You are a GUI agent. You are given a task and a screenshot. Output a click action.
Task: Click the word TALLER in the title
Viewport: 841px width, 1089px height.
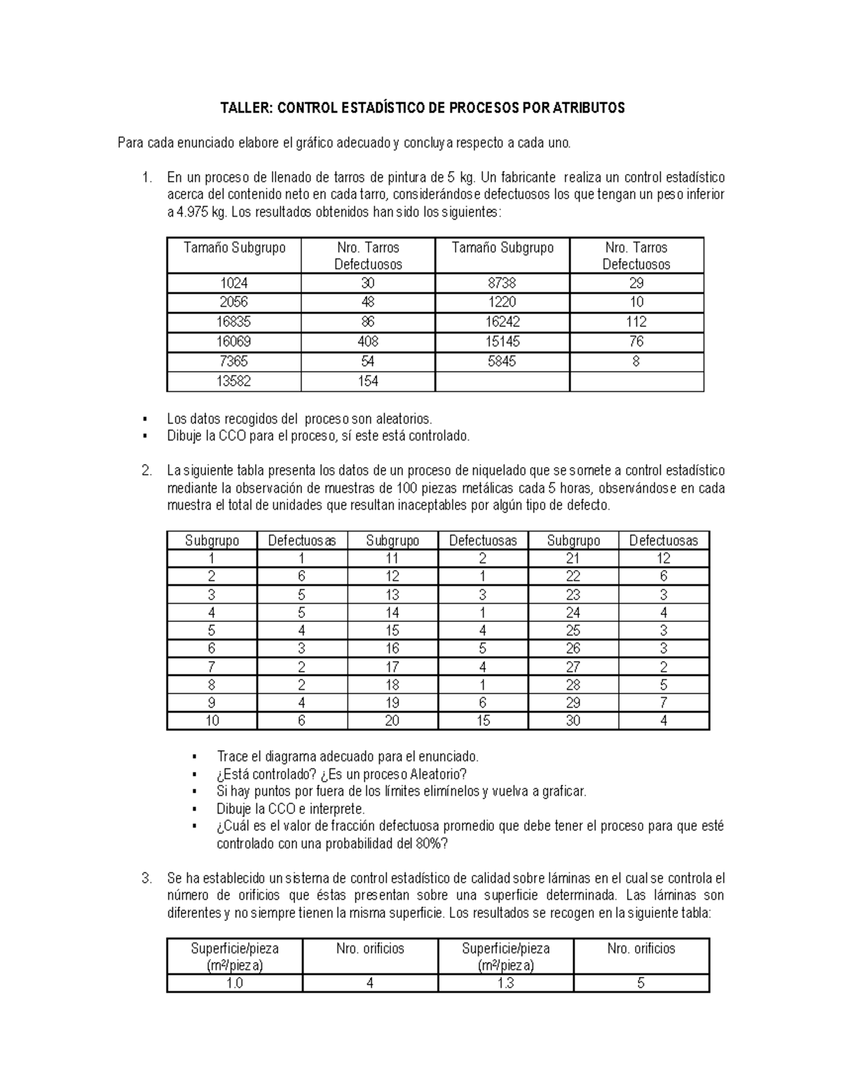pyautogui.click(x=247, y=108)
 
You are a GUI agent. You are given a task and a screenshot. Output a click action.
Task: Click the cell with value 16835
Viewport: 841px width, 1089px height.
pyautogui.click(x=234, y=323)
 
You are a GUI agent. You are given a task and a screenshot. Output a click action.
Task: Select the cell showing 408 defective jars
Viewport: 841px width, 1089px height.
pyautogui.click(x=368, y=342)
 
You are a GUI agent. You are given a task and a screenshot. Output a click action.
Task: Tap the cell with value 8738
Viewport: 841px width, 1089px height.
pyautogui.click(x=502, y=283)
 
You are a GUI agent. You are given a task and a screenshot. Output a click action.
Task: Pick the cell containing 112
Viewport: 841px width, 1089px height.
pyautogui.click(x=636, y=323)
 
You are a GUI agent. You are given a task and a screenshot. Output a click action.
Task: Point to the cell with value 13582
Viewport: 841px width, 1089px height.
pyautogui.click(x=234, y=381)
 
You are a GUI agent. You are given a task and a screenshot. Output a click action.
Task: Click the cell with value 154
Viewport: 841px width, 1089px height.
pyautogui.click(x=368, y=381)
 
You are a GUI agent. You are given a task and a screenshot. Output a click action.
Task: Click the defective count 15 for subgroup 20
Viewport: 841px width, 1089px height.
pyautogui.click(x=482, y=721)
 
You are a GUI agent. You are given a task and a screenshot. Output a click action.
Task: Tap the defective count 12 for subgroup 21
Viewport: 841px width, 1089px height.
pyautogui.click(x=663, y=559)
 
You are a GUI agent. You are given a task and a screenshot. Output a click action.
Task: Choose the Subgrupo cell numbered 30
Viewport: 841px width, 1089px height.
pyautogui.click(x=573, y=721)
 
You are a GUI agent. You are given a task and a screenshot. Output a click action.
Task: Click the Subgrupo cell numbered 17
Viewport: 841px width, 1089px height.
pyautogui.click(x=392, y=667)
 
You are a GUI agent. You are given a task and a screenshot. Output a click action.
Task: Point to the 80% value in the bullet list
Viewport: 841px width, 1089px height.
pyautogui.click(x=431, y=844)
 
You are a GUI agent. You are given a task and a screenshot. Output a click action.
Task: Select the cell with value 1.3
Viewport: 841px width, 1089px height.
pyautogui.click(x=505, y=984)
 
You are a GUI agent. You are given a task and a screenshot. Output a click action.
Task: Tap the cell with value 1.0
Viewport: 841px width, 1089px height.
pyautogui.click(x=234, y=984)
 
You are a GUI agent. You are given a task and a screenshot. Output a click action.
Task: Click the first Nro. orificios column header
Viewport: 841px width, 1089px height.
pyautogui.click(x=370, y=949)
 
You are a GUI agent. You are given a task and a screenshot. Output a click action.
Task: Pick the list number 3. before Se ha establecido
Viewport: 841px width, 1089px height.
pyautogui.click(x=146, y=879)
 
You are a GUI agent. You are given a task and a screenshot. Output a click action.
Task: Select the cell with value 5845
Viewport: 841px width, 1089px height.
pyautogui.click(x=502, y=362)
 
